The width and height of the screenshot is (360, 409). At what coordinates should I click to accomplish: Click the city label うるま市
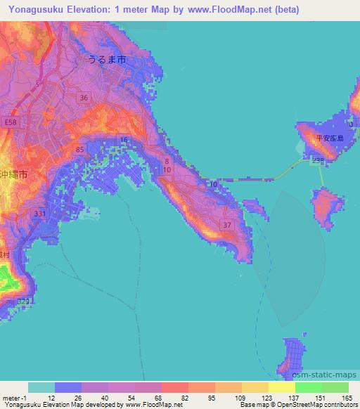(x=107, y=60)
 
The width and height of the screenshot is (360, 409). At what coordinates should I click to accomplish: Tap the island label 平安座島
(x=329, y=138)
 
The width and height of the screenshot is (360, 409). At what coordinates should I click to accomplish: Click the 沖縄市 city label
(x=14, y=173)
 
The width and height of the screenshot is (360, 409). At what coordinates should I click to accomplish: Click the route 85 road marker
(x=79, y=150)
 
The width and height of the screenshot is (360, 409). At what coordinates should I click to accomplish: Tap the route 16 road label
(x=124, y=141)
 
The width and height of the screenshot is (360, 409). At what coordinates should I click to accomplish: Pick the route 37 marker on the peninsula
(x=226, y=225)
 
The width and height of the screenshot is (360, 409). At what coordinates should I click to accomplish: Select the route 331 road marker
(x=40, y=214)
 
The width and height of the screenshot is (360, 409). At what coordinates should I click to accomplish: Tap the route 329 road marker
(x=24, y=301)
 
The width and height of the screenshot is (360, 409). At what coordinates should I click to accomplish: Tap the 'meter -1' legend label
(x=14, y=398)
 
